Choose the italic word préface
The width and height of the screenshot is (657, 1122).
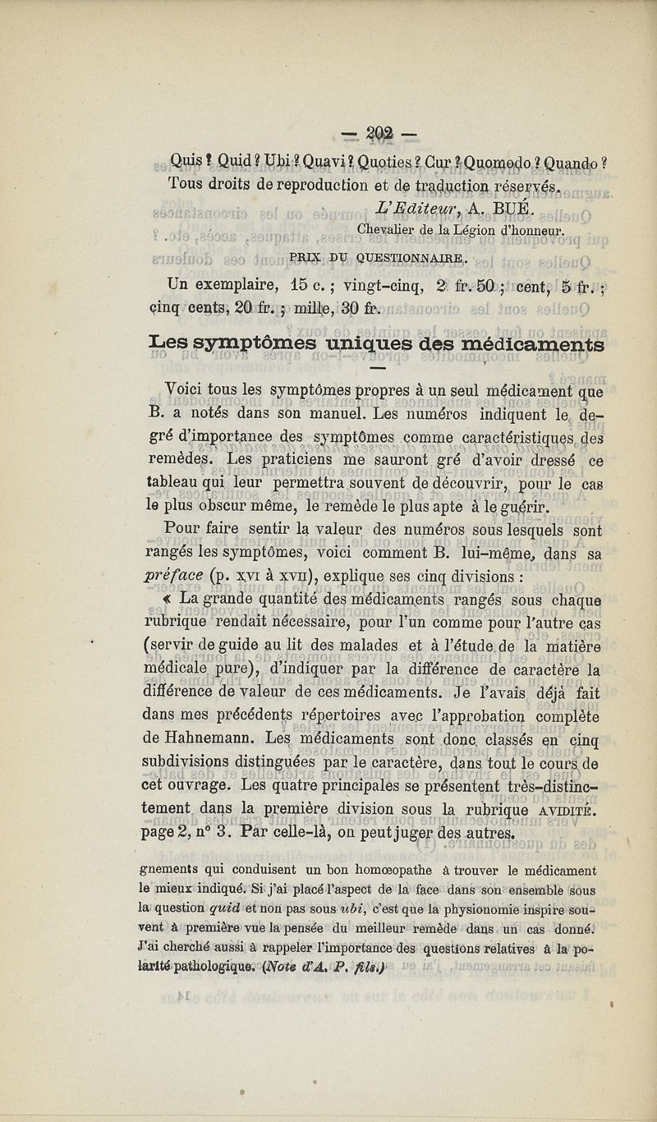pos(172,575)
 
